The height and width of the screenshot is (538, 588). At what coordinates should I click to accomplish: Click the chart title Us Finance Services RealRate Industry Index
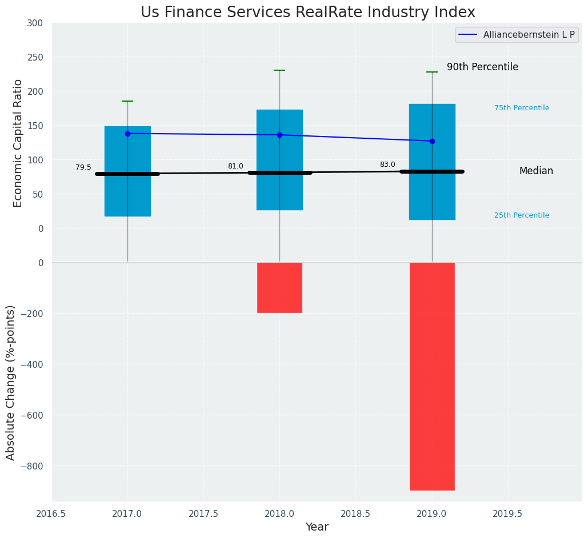point(307,12)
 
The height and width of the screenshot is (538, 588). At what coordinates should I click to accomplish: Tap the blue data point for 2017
point(127,134)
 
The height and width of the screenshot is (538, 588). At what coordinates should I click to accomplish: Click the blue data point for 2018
point(279,135)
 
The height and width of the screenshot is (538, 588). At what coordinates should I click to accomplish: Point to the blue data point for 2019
point(432,141)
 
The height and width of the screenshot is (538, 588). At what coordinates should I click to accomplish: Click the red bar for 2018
point(279,287)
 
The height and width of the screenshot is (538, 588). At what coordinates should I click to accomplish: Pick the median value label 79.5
point(83,167)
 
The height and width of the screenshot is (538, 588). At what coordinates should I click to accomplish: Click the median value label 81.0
point(235,166)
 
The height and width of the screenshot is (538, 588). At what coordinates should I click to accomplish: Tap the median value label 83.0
point(387,164)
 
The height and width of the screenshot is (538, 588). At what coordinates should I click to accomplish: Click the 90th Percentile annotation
point(482,67)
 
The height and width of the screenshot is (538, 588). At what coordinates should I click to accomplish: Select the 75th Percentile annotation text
point(522,108)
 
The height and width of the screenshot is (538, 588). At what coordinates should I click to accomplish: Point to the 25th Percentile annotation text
point(522,215)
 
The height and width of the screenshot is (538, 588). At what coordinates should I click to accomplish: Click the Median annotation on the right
point(536,171)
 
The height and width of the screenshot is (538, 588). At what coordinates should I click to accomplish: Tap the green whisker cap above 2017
point(127,101)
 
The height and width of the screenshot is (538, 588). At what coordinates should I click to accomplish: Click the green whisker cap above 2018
point(279,70)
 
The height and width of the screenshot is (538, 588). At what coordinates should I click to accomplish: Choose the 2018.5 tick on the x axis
point(355,513)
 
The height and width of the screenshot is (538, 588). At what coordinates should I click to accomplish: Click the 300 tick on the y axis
point(34,23)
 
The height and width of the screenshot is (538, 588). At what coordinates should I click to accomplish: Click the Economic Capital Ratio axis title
point(18,143)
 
